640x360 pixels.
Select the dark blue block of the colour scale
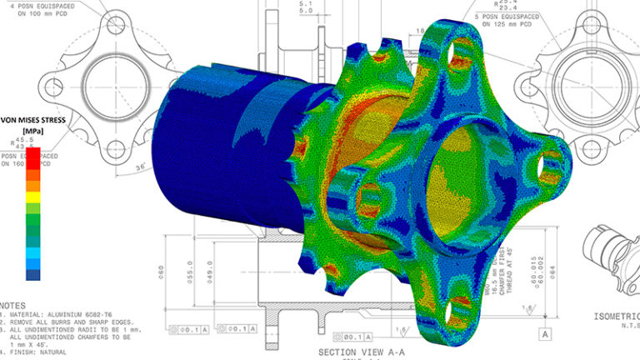point(33,272)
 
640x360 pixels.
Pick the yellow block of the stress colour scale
point(33,197)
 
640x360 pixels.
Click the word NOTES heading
point(18,305)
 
